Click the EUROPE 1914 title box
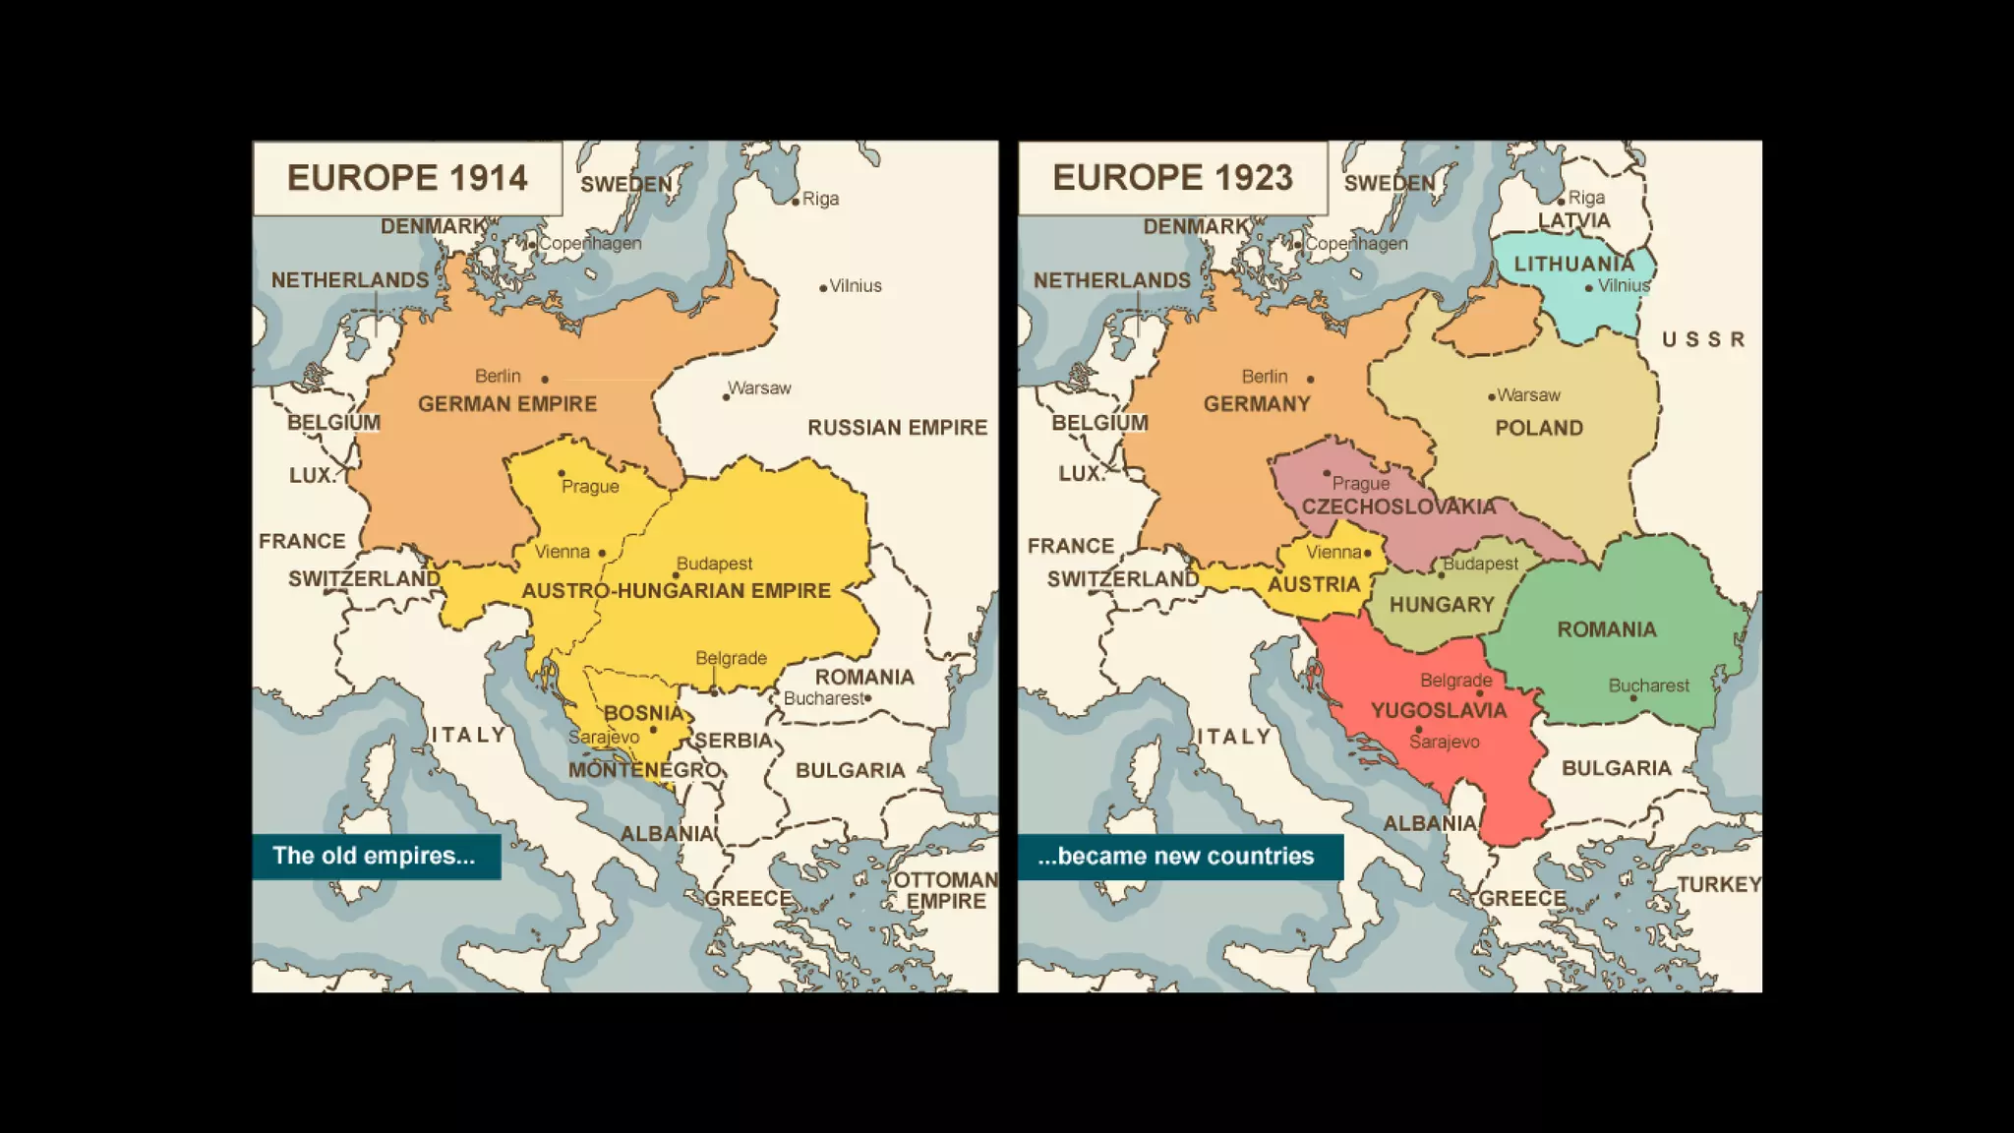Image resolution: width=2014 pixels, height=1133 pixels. pos(407,178)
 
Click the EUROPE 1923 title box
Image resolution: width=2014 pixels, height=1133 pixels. pos(1172,178)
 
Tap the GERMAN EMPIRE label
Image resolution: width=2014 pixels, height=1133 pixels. pos(507,404)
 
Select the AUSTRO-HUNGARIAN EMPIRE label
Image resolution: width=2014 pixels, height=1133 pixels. pos(676,591)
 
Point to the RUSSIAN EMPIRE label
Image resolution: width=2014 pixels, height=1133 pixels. pos(897,428)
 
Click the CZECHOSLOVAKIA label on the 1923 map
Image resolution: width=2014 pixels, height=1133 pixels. pos(1398,507)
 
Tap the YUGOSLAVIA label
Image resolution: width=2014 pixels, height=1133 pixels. pos(1439,711)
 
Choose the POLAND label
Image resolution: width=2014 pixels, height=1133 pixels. pos(1539,429)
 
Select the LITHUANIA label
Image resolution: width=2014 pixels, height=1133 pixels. pos(1573,265)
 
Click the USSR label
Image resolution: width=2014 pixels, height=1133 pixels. pos(1703,340)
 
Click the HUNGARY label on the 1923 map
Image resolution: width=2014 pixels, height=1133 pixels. pos(1442,606)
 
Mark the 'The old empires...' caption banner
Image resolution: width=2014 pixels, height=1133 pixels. pos(376,856)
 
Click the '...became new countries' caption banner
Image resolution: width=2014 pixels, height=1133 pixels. pos(1179,856)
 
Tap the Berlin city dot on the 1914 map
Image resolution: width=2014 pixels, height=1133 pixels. pos(545,379)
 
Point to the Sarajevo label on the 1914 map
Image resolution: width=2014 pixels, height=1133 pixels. pos(603,737)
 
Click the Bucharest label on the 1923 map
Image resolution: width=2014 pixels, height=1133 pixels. pos(1648,686)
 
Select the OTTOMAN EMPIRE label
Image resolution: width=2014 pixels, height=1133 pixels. pos(945,890)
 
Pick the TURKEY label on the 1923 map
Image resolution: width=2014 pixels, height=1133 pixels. pos(1718,885)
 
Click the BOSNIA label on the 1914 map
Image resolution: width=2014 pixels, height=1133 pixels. pos(643,713)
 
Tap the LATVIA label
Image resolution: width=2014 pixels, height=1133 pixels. pos(1574,221)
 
